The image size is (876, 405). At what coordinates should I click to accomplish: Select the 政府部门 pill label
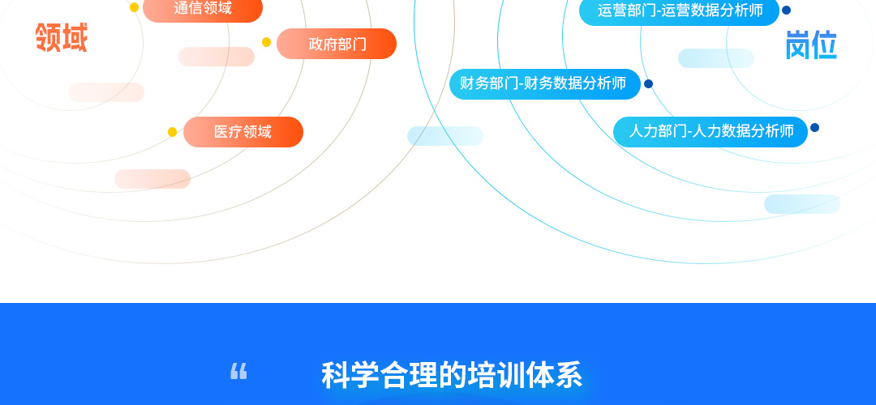pos(337,44)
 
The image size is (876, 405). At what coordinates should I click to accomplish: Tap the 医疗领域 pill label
pos(243,132)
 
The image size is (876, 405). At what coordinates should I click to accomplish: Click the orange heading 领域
pos(62,38)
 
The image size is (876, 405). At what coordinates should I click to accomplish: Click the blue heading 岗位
pos(811,45)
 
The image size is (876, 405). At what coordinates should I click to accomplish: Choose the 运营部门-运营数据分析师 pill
pos(680,11)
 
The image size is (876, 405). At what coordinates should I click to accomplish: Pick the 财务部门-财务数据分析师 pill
pos(545,84)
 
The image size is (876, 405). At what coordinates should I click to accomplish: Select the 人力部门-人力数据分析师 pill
pos(711,132)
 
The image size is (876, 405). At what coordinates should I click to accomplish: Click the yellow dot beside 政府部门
pos(267,42)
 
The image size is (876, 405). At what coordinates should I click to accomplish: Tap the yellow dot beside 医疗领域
pos(172,132)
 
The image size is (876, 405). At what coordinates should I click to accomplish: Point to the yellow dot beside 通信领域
pos(134,7)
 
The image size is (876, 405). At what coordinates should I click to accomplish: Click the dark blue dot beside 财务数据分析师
pos(648,84)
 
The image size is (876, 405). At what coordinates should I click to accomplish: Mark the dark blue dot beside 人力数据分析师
pos(814,128)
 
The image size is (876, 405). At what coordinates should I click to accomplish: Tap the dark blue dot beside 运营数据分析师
pos(786,10)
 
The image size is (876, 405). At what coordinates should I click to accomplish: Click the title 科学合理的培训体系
pos(452,375)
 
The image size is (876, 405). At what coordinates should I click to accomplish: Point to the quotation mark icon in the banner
pos(238,371)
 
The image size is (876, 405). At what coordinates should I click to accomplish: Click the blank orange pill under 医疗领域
pos(152,179)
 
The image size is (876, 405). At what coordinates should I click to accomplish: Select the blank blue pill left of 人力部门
pos(445,136)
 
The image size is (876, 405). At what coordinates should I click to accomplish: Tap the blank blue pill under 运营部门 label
pos(716,58)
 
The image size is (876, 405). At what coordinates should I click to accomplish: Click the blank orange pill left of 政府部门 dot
pos(217,57)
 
